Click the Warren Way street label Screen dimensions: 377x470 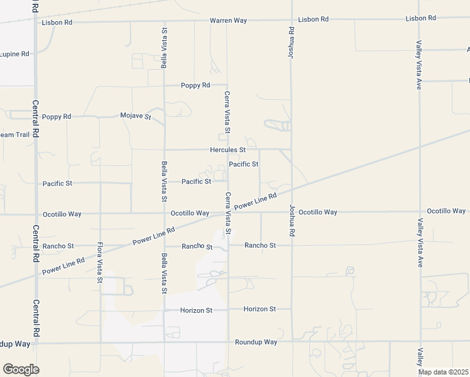(x=228, y=20)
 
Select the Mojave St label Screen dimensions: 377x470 (x=136, y=116)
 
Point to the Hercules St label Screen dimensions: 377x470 (x=227, y=150)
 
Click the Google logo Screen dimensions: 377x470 (x=21, y=369)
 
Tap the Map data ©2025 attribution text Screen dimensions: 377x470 (x=443, y=372)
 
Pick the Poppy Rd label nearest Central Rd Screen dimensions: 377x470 (x=57, y=117)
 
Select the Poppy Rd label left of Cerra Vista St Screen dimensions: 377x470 (x=195, y=85)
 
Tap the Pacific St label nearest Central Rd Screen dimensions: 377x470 (x=58, y=183)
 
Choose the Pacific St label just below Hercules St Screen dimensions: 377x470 (x=244, y=165)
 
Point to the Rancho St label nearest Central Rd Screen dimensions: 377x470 (x=58, y=246)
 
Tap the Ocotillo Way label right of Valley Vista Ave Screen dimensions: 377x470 (x=447, y=211)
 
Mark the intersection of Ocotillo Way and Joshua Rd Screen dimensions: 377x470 (x=292, y=212)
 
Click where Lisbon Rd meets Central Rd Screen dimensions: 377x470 (x=36, y=22)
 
